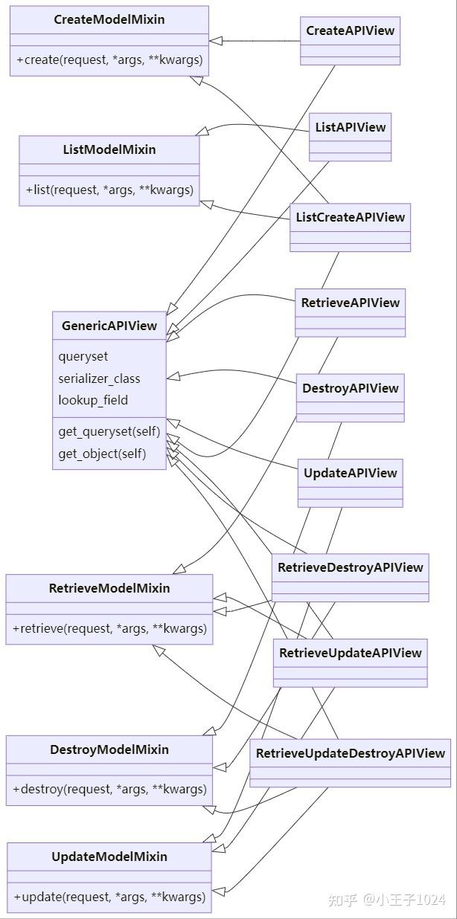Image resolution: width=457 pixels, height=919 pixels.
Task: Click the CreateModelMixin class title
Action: point(109,19)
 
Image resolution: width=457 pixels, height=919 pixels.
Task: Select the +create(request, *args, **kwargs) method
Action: point(109,59)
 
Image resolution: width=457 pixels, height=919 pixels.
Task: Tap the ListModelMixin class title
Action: point(109,149)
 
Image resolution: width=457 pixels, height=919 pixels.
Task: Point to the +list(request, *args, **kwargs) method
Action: point(109,190)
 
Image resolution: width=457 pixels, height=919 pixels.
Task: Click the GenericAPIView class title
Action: point(109,326)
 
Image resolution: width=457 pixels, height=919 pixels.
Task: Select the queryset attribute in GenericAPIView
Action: point(83,357)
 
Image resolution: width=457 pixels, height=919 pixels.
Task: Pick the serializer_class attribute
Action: point(99,378)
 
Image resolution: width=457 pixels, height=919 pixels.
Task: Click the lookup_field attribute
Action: point(93,400)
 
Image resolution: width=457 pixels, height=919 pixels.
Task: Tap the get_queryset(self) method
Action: point(109,432)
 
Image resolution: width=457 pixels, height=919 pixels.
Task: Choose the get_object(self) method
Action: point(102,454)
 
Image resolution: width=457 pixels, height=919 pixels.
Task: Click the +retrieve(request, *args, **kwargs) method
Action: point(109,628)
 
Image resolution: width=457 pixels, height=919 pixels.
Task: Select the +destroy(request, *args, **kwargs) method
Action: point(109,789)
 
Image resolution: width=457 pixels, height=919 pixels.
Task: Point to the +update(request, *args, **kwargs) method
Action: point(109,897)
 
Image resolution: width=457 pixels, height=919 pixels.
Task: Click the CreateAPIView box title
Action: point(351,31)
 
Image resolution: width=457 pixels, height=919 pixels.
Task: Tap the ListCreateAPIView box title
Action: point(350,217)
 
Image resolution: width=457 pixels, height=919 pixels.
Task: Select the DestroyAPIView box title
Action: point(351,388)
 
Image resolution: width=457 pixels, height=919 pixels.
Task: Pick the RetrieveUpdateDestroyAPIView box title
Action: point(350,753)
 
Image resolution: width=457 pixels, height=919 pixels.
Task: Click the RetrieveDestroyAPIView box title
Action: point(350,567)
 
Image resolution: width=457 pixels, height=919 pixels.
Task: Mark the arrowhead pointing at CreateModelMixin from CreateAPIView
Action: point(215,41)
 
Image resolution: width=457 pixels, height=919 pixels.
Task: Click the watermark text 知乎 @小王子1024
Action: point(386,900)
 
